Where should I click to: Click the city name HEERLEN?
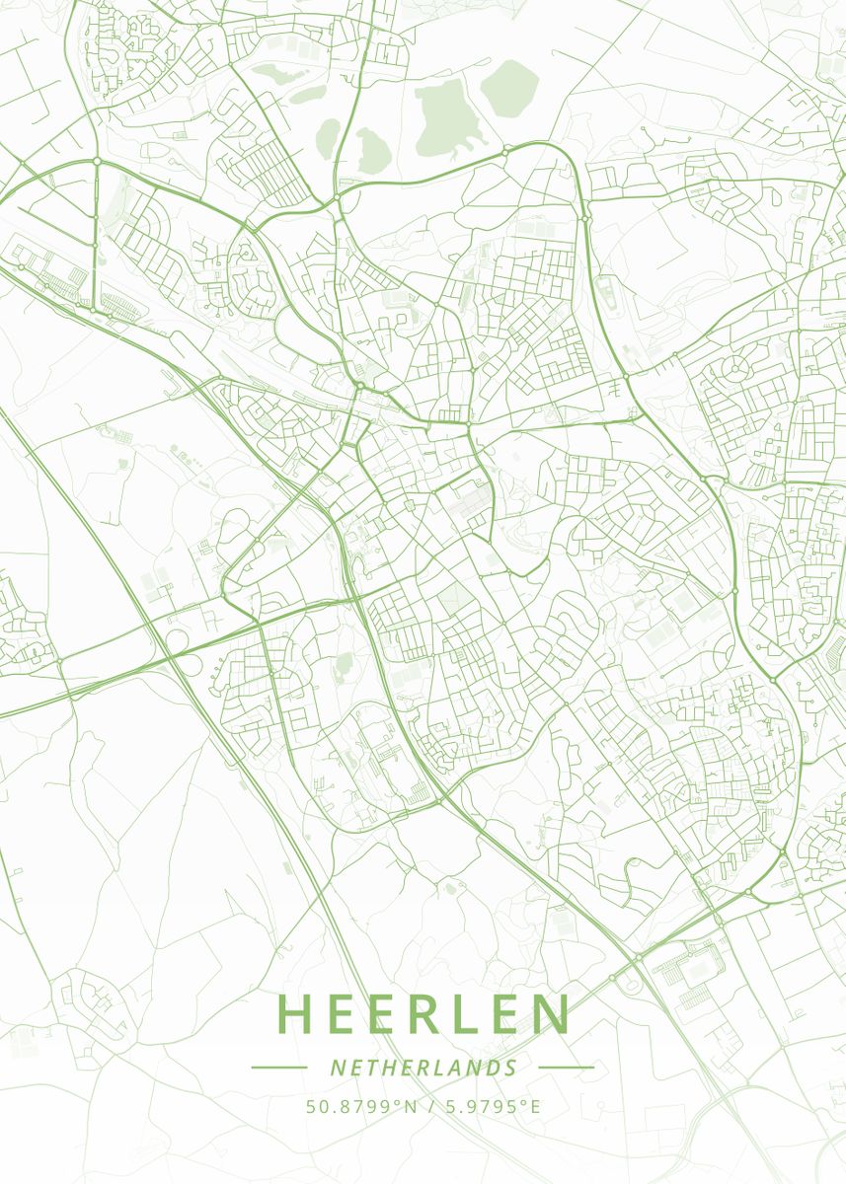pos(423,1013)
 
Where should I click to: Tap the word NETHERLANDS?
pos(423,1068)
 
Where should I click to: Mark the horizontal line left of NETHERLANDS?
pos(279,1067)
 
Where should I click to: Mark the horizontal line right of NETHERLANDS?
pos(567,1067)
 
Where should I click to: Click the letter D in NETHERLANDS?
pos(491,1068)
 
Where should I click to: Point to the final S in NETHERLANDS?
pos(510,1068)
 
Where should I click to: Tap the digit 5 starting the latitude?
pos(310,1106)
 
